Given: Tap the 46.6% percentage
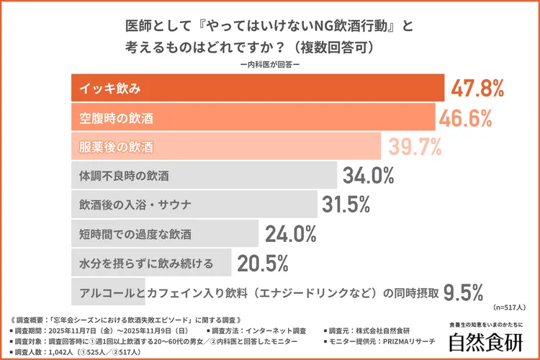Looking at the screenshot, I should [x=466, y=117].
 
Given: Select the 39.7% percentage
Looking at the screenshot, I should [x=415, y=146].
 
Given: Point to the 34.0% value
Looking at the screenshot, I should [x=369, y=176].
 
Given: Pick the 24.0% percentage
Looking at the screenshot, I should [x=291, y=234].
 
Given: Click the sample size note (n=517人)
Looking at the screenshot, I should [x=510, y=306].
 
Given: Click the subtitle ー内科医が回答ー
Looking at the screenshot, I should [x=270, y=64].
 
